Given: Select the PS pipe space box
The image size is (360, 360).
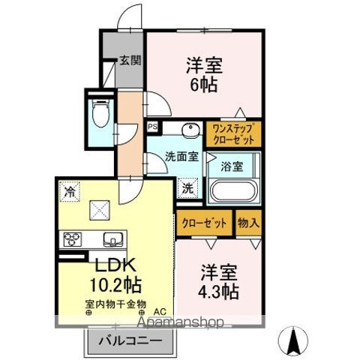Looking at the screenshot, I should pyautogui.click(x=153, y=127).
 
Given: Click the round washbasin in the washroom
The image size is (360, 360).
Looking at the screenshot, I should pyautogui.click(x=191, y=130).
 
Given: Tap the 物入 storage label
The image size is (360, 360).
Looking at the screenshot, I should pyautogui.click(x=248, y=223).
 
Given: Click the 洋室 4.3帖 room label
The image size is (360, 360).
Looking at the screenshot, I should pyautogui.click(x=220, y=280).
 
